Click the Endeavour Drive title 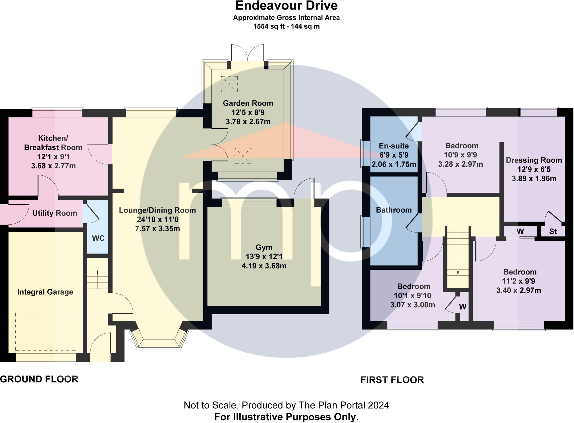click(286, 6)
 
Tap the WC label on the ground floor click(98, 238)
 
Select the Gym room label click(264, 247)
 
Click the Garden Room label click(248, 103)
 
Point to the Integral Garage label click(45, 292)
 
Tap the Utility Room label click(55, 213)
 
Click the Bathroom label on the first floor click(394, 210)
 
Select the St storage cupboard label click(553, 231)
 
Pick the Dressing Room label click(534, 160)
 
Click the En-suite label click(394, 146)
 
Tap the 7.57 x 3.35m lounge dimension click(158, 229)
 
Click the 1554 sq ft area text click(269, 26)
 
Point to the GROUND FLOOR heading click(39, 379)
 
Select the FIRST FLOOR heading click(392, 380)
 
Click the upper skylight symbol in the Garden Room click(229, 84)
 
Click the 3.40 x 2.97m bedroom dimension click(519, 290)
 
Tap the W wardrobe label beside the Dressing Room click(520, 231)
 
